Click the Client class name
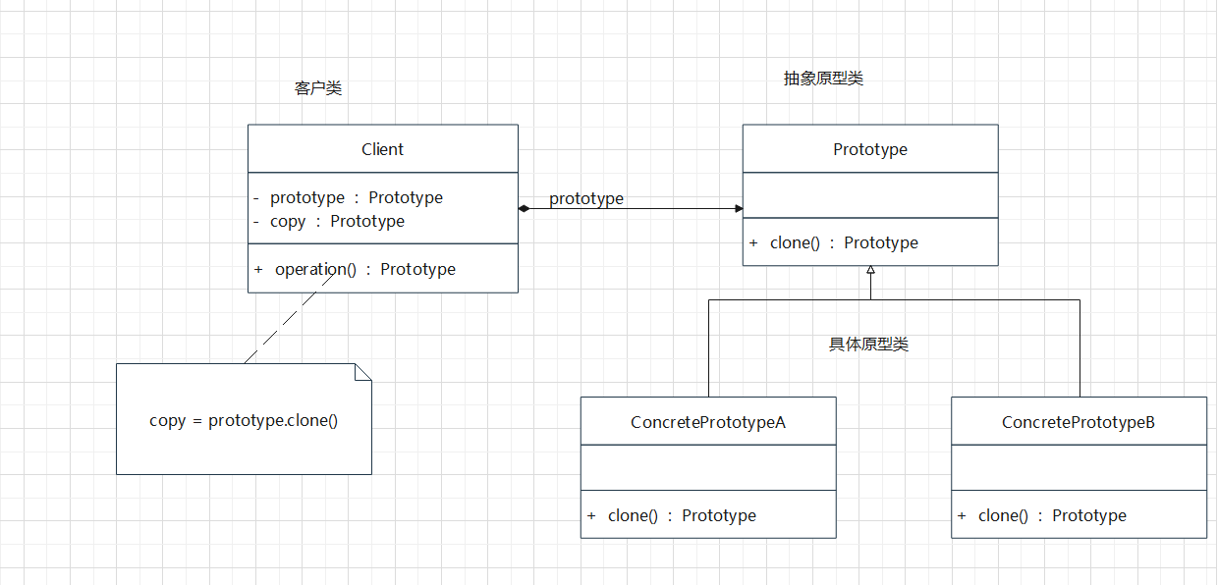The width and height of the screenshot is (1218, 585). point(382,149)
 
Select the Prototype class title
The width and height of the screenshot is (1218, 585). point(869,149)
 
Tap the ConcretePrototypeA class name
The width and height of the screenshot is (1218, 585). point(707,422)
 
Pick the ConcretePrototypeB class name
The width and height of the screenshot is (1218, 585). point(1078,422)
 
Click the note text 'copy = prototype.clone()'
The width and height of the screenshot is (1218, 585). point(244,420)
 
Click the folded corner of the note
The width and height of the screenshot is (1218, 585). point(363,371)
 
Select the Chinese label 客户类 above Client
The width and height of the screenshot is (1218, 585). point(318,88)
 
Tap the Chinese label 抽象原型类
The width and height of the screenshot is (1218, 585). point(823,79)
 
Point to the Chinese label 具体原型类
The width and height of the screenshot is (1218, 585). point(868,345)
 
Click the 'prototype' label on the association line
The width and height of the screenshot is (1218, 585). point(585,198)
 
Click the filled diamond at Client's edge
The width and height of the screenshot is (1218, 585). point(525,208)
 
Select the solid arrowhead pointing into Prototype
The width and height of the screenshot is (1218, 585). point(738,208)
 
